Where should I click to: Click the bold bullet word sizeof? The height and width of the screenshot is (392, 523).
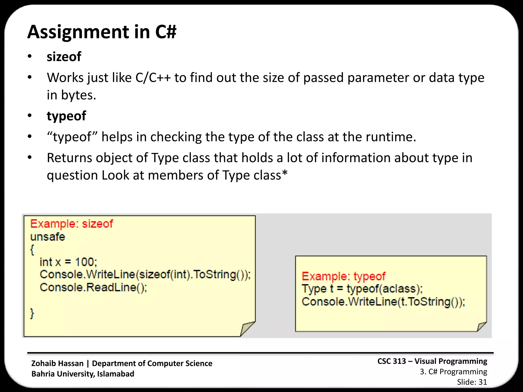tap(64, 57)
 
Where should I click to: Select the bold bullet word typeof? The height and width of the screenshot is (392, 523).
tap(66, 116)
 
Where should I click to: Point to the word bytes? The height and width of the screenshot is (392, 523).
tap(79, 95)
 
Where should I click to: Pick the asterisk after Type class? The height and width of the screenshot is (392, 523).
tap(284, 174)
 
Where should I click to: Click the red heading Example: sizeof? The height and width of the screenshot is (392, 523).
tap(72, 224)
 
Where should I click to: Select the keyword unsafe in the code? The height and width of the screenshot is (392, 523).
tap(48, 237)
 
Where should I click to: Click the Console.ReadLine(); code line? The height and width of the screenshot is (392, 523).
tap(93, 288)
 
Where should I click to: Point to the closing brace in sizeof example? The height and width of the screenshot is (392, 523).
tap(32, 313)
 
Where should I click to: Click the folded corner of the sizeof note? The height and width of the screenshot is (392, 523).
tap(247, 329)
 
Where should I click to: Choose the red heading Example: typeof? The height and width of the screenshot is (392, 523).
tap(343, 276)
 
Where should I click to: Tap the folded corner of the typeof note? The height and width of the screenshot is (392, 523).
tap(481, 326)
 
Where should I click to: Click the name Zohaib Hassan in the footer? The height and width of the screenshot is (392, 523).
tap(57, 363)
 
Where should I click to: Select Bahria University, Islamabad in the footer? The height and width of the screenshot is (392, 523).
tap(83, 374)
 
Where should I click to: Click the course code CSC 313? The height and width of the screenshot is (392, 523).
tap(391, 361)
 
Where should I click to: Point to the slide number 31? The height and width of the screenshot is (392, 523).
tap(483, 382)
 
